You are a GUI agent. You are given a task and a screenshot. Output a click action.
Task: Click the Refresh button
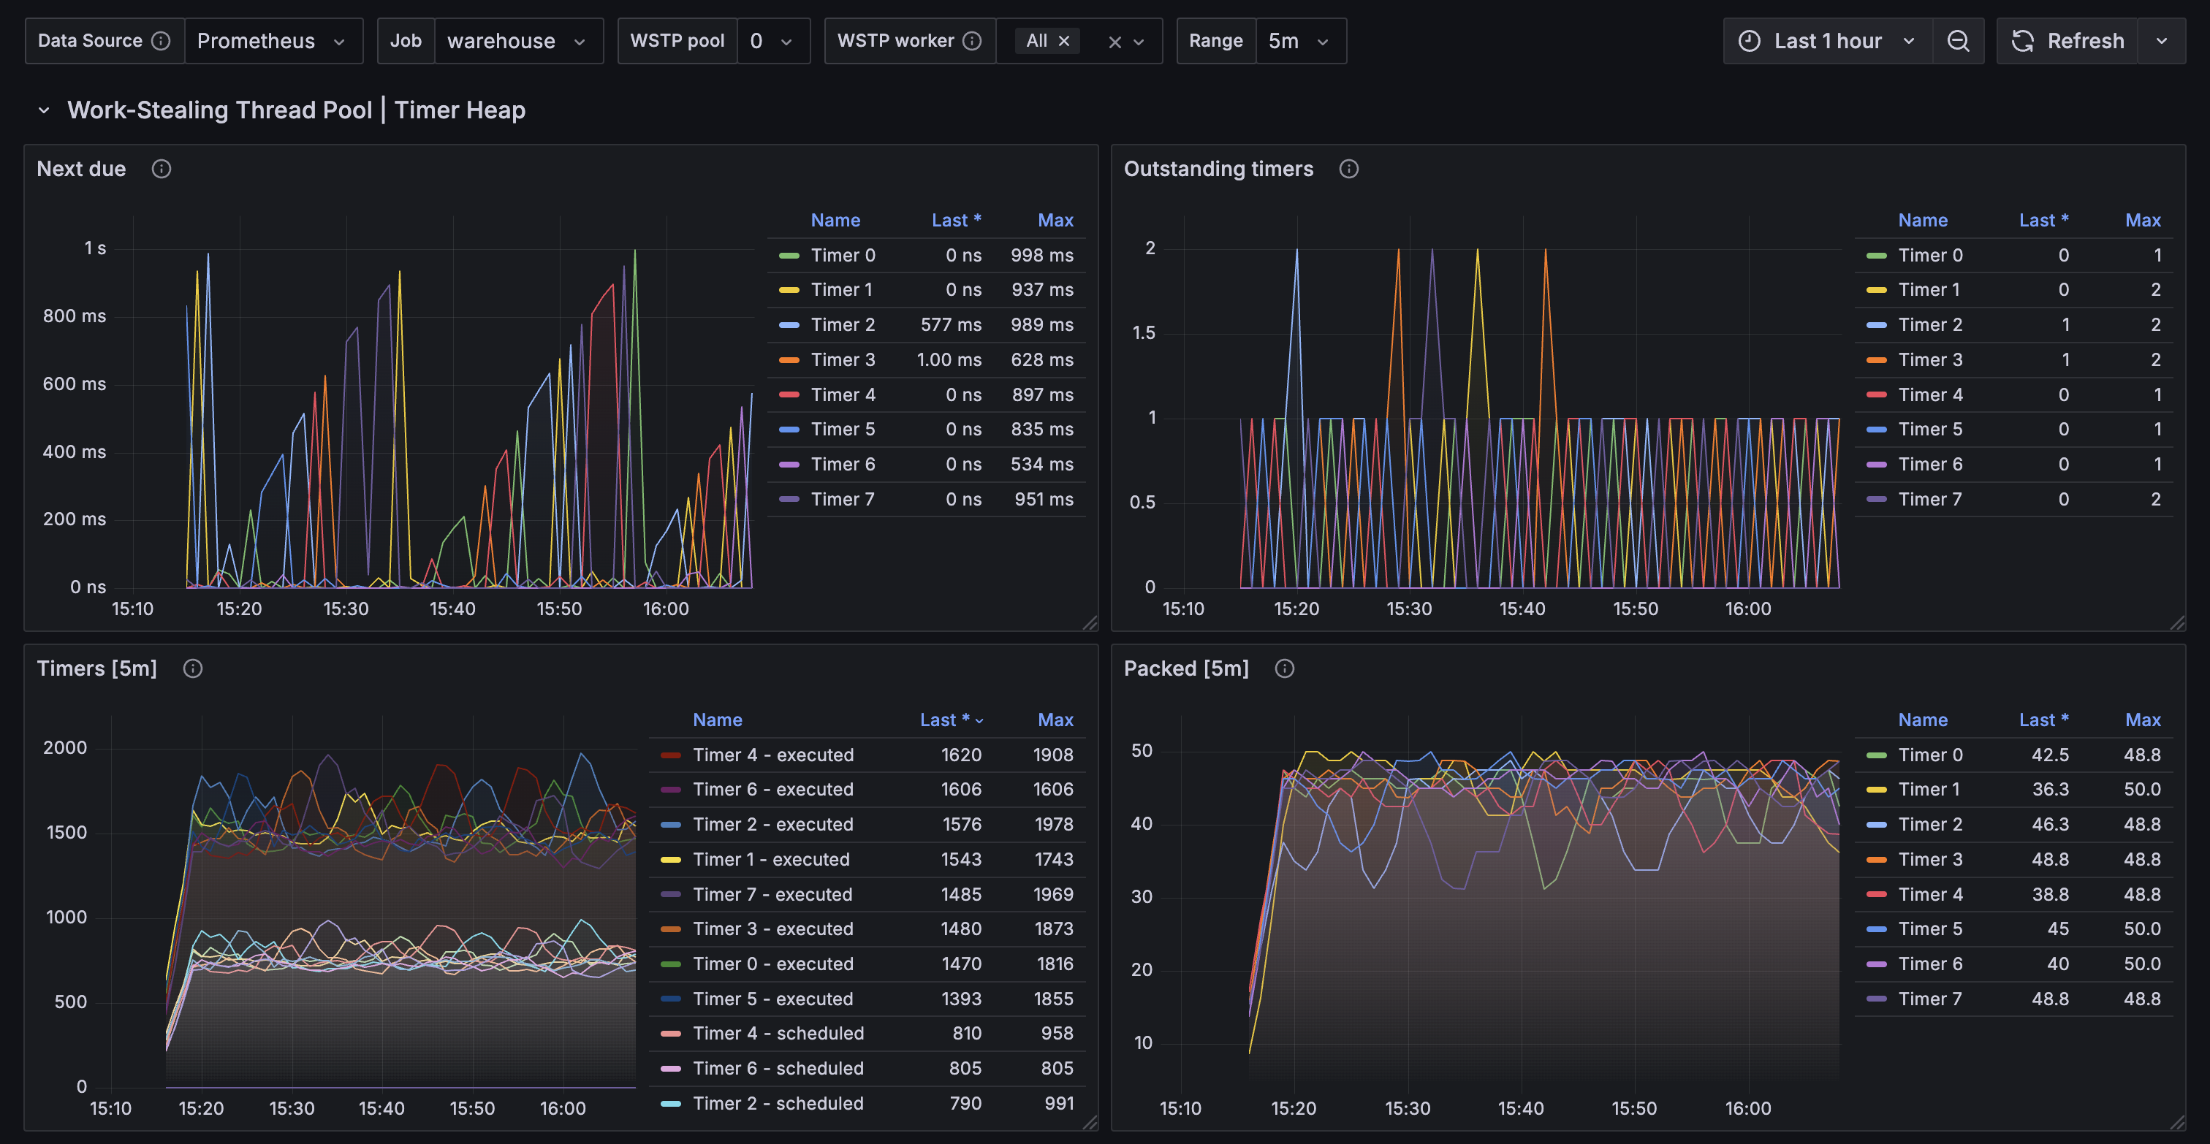tap(2068, 41)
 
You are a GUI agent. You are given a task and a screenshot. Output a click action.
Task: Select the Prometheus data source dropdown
tap(272, 41)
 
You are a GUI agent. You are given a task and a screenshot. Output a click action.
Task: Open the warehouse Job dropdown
tap(517, 41)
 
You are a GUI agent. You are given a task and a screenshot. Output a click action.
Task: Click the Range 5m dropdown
tap(1299, 41)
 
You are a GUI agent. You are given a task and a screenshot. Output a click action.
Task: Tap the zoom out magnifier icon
tap(1958, 41)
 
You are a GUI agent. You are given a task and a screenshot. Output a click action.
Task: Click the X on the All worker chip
tap(1064, 41)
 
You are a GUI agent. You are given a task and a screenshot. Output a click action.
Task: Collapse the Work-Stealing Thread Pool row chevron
tap(44, 110)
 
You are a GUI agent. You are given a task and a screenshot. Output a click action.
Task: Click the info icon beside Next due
tap(162, 169)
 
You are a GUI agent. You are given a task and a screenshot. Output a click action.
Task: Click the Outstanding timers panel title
tap(1218, 169)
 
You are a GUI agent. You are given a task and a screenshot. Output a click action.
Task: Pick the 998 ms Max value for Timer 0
tap(1041, 256)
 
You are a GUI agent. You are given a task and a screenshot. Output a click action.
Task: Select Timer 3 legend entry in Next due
tap(843, 360)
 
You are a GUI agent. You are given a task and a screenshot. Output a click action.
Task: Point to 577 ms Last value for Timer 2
tap(951, 325)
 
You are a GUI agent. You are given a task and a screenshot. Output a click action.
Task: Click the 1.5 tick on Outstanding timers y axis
tap(1144, 332)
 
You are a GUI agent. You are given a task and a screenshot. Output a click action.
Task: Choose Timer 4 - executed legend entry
tap(772, 755)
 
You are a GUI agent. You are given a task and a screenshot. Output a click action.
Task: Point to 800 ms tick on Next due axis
tap(75, 316)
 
